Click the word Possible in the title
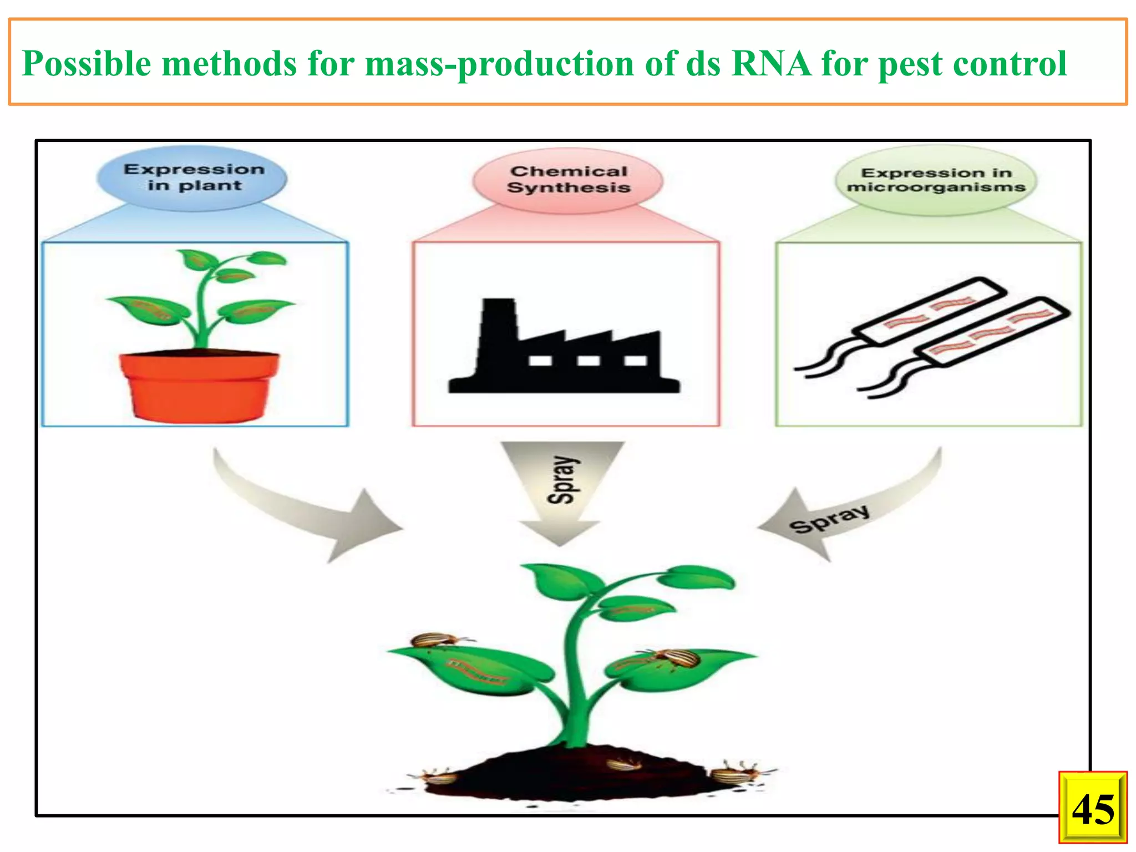86,63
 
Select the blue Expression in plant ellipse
192,177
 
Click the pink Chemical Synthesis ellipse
568,180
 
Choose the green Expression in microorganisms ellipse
936,180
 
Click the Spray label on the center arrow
562,480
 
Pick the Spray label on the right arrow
829,519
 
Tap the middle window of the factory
588,361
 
